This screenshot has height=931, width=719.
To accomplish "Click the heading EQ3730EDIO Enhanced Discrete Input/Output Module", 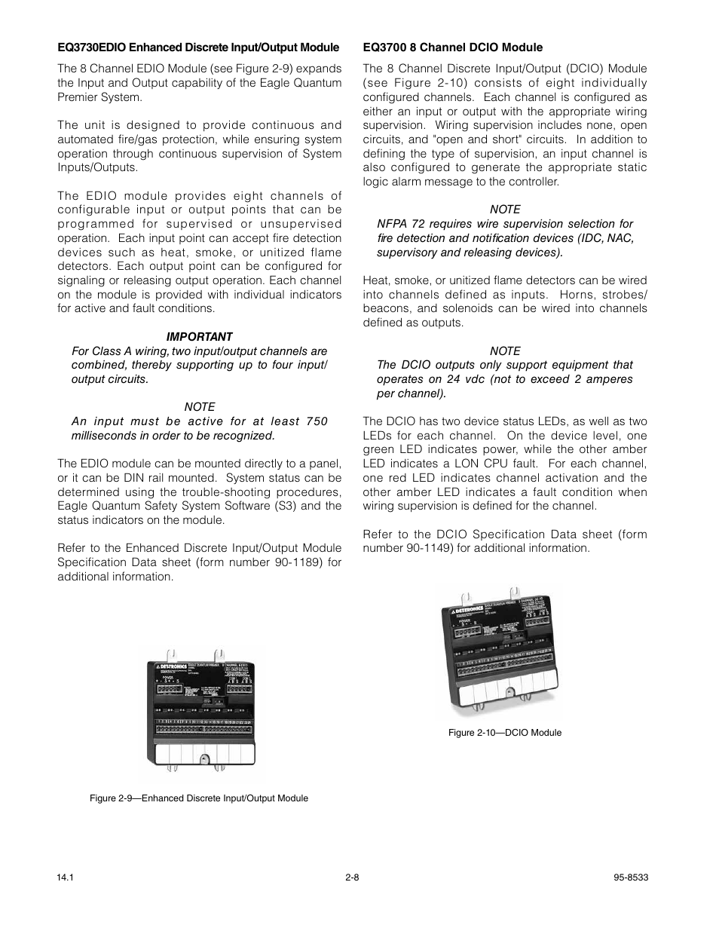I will coord(198,47).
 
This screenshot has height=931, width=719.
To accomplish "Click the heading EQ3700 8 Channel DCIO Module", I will coord(452,47).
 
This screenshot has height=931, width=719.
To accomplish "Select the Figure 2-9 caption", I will coord(199,798).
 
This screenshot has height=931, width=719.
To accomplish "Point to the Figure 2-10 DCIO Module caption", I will coord(505,733).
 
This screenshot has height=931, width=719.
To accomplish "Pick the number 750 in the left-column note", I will coord(317,421).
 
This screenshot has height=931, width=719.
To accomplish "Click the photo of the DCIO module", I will coord(502,652).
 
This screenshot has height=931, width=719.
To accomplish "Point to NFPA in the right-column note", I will coord(392,224).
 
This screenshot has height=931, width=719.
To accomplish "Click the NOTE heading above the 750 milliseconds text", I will coord(199,406).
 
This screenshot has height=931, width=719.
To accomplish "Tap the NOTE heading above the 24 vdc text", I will coord(505,351).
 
